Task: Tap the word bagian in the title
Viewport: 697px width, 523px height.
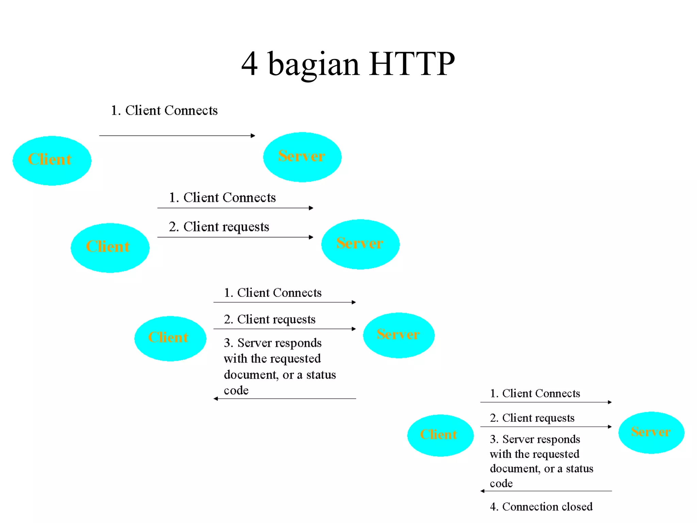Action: click(x=313, y=65)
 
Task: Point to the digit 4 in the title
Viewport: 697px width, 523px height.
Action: click(x=249, y=64)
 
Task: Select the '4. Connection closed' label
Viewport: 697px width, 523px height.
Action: click(x=541, y=507)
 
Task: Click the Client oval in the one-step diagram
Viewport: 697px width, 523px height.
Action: click(x=52, y=160)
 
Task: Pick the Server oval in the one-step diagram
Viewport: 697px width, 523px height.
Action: click(x=302, y=157)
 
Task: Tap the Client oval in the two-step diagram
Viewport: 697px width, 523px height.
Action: click(x=110, y=248)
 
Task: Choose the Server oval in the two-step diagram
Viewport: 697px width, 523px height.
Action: click(x=360, y=244)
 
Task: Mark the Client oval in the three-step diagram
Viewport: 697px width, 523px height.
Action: click(x=170, y=338)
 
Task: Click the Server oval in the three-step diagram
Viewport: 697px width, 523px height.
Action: click(x=399, y=335)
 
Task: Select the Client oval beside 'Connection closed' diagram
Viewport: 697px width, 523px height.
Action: click(x=440, y=435)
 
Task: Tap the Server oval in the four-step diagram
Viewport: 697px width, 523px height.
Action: click(x=651, y=432)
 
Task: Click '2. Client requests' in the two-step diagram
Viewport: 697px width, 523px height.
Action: click(x=219, y=227)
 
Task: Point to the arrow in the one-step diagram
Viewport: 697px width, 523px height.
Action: click(x=177, y=136)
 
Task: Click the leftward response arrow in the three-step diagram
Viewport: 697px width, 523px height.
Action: click(x=285, y=399)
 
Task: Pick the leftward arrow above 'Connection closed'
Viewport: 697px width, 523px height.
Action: click(x=546, y=491)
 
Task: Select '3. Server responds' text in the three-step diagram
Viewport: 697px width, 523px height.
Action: click(x=273, y=343)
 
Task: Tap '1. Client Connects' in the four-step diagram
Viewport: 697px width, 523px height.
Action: click(x=535, y=394)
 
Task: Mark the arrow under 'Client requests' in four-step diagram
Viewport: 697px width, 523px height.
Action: click(x=546, y=427)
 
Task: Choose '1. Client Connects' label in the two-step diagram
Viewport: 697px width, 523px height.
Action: click(x=222, y=198)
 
